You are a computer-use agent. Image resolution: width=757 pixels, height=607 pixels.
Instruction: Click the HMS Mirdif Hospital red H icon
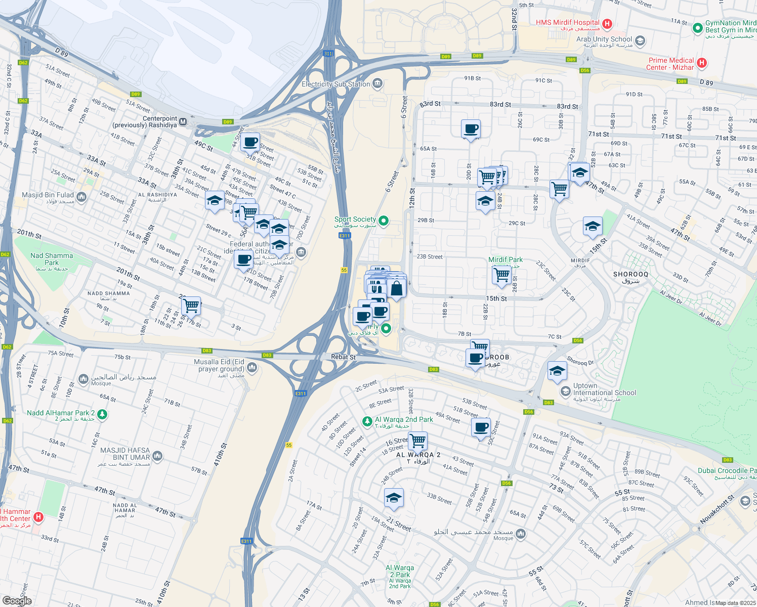[608, 23]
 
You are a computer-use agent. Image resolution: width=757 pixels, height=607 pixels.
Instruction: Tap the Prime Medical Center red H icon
[701, 63]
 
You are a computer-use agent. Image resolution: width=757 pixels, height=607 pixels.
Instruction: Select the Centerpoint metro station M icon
[183, 122]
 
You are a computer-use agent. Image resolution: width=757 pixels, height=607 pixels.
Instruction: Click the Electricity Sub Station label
[336, 84]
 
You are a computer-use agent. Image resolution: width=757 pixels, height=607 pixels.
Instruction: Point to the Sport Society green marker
[384, 220]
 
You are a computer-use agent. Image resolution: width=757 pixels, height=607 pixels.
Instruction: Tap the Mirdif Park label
[506, 259]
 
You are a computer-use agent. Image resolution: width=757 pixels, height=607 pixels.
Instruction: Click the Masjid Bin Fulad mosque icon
[82, 197]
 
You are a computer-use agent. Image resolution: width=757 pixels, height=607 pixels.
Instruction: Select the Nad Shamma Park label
[52, 259]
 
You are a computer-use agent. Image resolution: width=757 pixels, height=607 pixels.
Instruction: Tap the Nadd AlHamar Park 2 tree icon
[102, 414]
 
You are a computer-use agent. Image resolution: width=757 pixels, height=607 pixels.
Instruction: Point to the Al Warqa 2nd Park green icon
[367, 421]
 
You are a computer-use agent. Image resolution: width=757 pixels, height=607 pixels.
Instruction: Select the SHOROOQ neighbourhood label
[630, 275]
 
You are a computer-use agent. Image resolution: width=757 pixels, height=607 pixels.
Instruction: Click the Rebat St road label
[343, 357]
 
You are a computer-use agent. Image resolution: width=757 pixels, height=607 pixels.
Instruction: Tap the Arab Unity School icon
[640, 40]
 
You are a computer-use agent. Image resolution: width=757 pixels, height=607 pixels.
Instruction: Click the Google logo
[17, 600]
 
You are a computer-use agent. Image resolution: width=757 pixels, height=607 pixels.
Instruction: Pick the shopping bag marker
[397, 288]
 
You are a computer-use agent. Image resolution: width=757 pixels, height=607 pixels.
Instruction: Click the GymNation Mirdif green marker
[698, 27]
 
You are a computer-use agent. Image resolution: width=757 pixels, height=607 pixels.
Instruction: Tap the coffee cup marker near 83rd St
[471, 129]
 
